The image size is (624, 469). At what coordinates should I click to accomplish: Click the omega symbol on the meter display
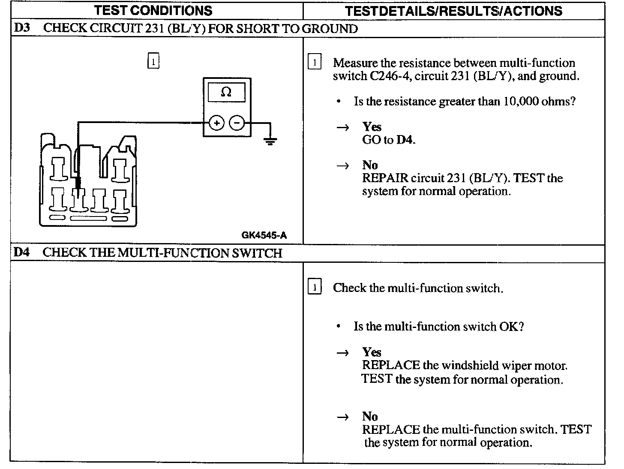[226, 92]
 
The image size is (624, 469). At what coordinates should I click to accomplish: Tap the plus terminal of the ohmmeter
[216, 123]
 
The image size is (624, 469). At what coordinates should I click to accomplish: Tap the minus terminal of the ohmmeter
[237, 123]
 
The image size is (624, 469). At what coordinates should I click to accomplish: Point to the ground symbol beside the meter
[270, 140]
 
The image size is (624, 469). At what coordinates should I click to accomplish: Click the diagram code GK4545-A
[264, 235]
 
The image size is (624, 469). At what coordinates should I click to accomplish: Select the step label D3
[22, 28]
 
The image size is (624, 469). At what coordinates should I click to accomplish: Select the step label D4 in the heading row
[21, 252]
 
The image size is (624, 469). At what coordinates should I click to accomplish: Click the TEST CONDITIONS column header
[153, 11]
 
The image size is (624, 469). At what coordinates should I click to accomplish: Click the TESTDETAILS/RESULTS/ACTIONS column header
[453, 11]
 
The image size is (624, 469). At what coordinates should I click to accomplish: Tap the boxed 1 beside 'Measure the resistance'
[315, 62]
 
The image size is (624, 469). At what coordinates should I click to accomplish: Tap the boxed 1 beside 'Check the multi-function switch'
[315, 287]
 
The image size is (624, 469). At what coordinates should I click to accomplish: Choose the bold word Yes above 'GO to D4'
[372, 126]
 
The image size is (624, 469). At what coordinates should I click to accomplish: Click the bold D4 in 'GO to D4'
[405, 140]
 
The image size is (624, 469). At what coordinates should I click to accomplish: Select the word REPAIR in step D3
[385, 178]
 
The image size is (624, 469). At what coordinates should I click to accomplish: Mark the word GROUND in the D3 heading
[330, 29]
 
